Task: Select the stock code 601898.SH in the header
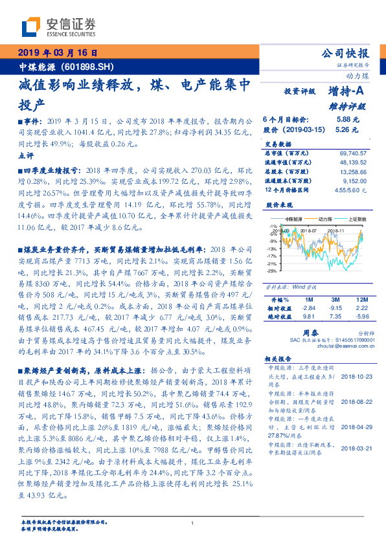click(90, 67)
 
